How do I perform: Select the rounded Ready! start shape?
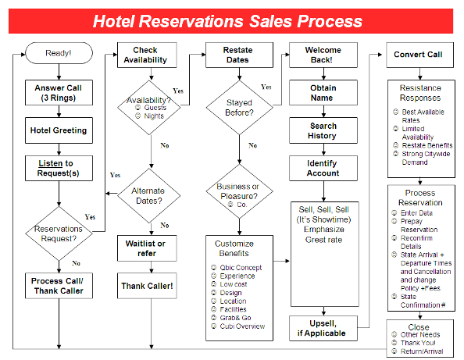(x=59, y=53)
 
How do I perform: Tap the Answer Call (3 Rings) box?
(x=59, y=93)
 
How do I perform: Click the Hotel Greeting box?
(x=59, y=130)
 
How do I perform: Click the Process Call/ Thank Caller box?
(x=59, y=286)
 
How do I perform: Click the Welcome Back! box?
(x=323, y=55)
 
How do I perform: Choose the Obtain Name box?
(x=323, y=93)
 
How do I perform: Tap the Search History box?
(x=323, y=130)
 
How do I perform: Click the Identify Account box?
(x=323, y=168)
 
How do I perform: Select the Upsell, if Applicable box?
(x=323, y=327)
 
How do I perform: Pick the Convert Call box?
(x=418, y=55)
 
